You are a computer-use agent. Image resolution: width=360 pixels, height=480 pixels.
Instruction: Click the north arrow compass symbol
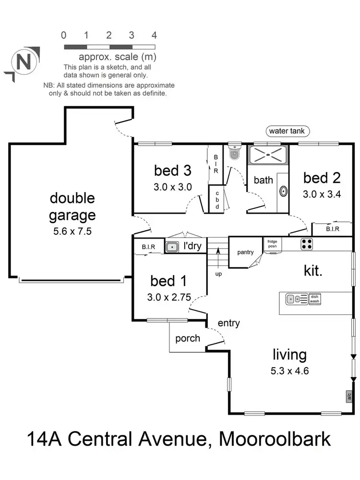pyautogui.click(x=21, y=62)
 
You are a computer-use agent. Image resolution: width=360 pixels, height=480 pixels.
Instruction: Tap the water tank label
pyautogui.click(x=288, y=131)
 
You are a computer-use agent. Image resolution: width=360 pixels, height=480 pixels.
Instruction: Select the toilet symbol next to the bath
pyautogui.click(x=234, y=153)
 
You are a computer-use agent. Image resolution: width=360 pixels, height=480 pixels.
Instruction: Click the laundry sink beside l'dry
pyautogui.click(x=171, y=247)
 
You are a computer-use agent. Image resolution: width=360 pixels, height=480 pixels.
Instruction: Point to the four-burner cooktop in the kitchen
pyautogui.click(x=307, y=244)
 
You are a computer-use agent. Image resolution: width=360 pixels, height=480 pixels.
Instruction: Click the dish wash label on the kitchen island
pyautogui.click(x=314, y=299)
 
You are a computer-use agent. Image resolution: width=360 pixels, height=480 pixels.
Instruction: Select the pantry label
pyautogui.click(x=245, y=252)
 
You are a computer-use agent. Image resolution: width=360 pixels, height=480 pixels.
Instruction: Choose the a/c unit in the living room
pyautogui.click(x=348, y=396)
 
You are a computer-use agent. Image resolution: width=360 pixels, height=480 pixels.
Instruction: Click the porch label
pyautogui.click(x=188, y=338)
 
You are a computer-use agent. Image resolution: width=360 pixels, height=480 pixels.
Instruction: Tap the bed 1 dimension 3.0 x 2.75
pyautogui.click(x=168, y=297)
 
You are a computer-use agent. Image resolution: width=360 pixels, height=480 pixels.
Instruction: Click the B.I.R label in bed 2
pyautogui.click(x=332, y=229)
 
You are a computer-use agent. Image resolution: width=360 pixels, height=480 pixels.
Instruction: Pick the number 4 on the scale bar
pyautogui.click(x=154, y=35)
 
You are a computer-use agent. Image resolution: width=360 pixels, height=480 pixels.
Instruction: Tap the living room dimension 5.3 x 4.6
pyautogui.click(x=289, y=371)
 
